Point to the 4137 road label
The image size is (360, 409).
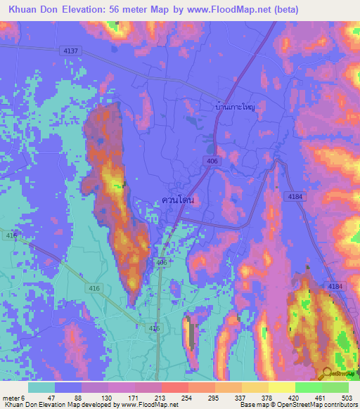pos(70,51)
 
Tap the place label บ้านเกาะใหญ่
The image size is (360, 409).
pos(234,107)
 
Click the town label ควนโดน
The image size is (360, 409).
pos(177,200)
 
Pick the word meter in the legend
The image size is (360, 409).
pos(13,397)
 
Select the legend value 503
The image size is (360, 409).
pos(347,397)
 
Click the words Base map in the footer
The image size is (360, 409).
pos(252,405)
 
